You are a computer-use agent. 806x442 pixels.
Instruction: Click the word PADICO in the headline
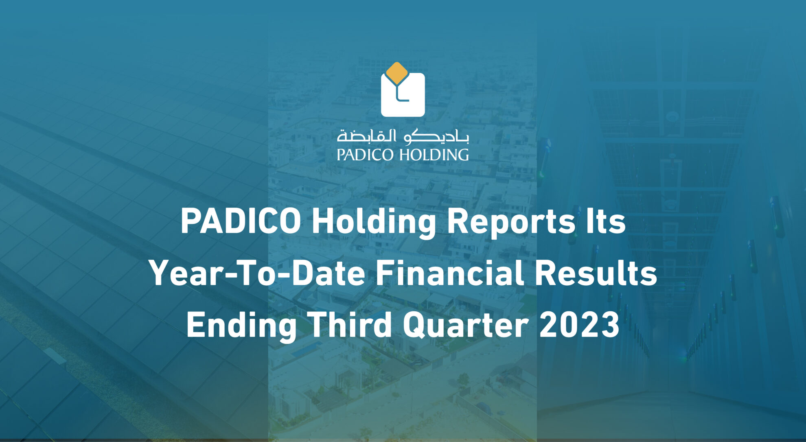[x=241, y=222]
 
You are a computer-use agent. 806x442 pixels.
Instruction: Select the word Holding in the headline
[x=374, y=222]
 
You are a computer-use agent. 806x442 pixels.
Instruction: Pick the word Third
[x=349, y=325]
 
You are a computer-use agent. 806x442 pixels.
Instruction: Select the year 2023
[x=579, y=325]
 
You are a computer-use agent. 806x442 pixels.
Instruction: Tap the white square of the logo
[x=411, y=102]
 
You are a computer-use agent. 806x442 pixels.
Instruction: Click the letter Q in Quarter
[x=416, y=325]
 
